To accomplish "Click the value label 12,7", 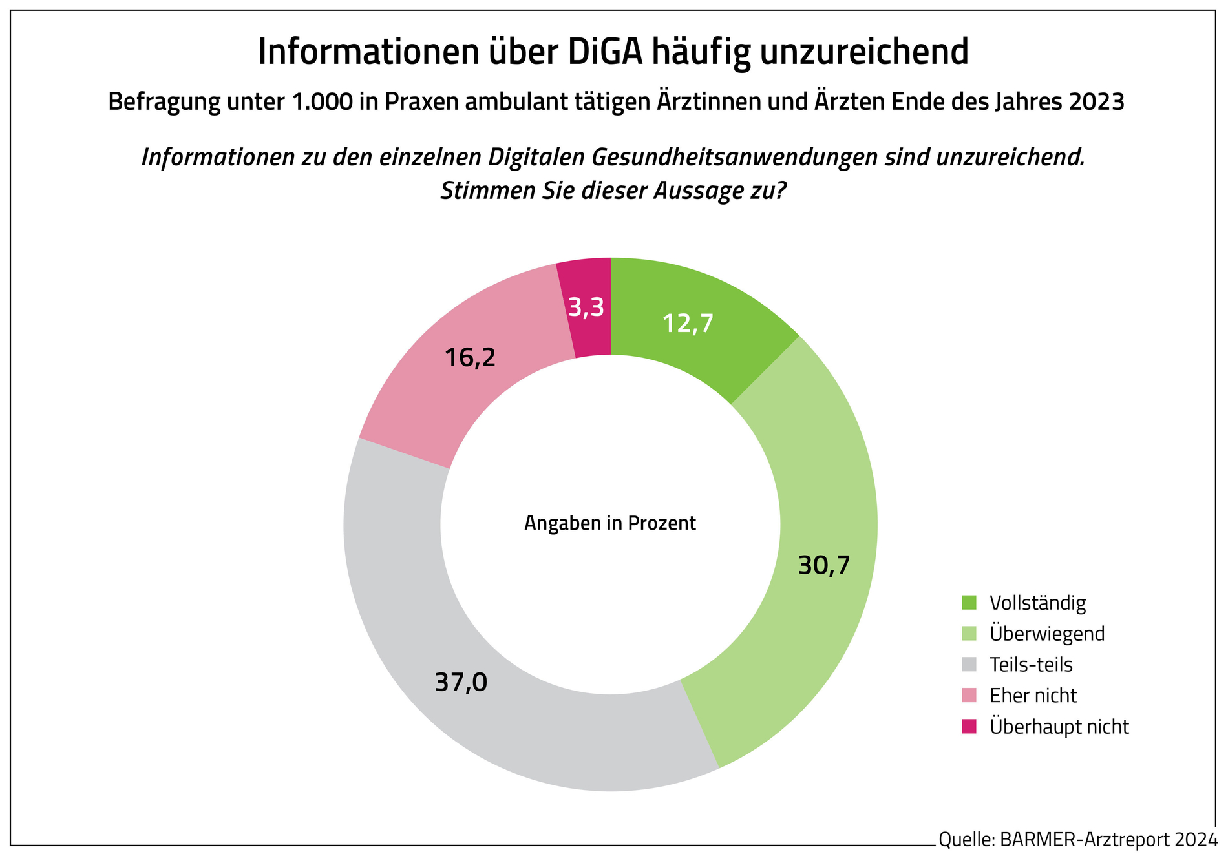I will point(688,323).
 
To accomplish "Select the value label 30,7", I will point(823,565).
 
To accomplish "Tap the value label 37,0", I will point(460,683).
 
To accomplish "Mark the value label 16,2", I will point(470,357).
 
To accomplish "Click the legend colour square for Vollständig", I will point(969,603).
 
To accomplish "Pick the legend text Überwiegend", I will point(1047,634).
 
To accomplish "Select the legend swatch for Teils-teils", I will point(969,664).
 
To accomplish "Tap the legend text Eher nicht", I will point(1033,695).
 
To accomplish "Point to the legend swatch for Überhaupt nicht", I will point(969,726).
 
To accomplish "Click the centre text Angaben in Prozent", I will point(609,523).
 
